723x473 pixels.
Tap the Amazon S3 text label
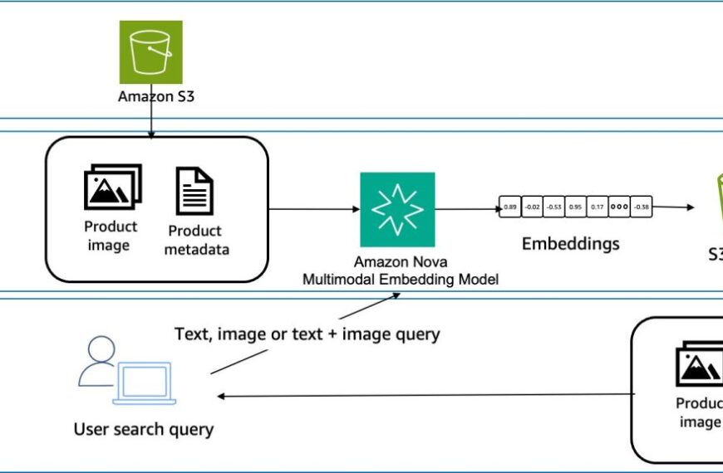point(150,96)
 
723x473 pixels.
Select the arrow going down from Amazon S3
point(150,120)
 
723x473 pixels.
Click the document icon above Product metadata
point(194,191)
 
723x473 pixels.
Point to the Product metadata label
point(194,239)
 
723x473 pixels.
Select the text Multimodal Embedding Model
point(400,280)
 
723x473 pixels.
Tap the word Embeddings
point(570,244)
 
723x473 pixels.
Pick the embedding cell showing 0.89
point(510,206)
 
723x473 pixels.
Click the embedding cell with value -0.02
point(532,206)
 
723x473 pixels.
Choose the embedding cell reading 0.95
point(575,206)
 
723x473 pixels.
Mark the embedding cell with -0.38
point(642,206)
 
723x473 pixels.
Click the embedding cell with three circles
point(619,206)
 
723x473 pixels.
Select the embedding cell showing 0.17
point(598,206)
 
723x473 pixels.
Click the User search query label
point(144,429)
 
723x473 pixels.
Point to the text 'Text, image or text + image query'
point(307,334)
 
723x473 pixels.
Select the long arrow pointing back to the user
point(424,395)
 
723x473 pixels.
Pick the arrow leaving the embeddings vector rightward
point(673,207)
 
